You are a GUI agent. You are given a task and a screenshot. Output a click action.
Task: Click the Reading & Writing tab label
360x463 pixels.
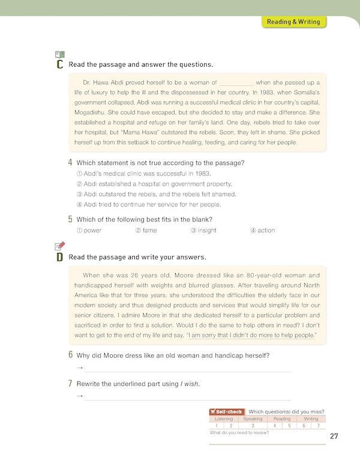(x=294, y=22)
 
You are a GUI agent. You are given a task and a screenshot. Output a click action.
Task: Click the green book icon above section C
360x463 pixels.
(x=59, y=53)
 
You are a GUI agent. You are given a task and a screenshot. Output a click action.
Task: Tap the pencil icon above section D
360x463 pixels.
(x=59, y=246)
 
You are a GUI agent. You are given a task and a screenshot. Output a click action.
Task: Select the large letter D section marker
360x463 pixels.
(x=59, y=257)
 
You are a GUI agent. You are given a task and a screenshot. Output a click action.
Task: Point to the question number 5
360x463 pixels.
(x=71, y=219)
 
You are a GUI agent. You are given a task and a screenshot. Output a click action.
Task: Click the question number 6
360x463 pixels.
(x=71, y=355)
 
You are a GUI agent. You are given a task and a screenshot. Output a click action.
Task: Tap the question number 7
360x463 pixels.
(x=71, y=383)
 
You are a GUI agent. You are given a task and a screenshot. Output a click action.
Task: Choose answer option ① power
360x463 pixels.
(x=89, y=231)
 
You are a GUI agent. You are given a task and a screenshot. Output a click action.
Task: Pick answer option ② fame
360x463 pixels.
(x=146, y=231)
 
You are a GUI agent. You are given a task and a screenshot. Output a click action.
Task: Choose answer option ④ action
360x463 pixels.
(x=262, y=231)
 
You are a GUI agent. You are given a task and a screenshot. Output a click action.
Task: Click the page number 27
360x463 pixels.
(x=334, y=437)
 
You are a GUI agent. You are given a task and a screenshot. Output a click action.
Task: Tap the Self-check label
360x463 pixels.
(x=227, y=411)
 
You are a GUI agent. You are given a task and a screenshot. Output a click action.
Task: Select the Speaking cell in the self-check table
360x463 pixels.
(x=253, y=419)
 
